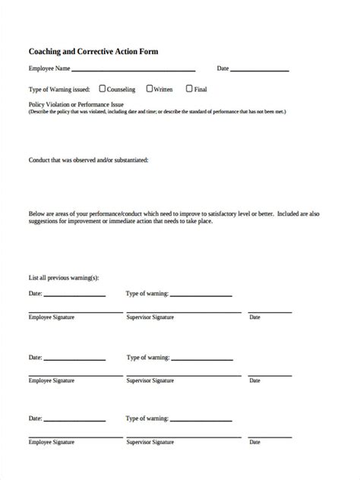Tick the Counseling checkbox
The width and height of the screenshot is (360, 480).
(x=103, y=88)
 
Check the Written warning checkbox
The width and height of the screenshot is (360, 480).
(x=149, y=88)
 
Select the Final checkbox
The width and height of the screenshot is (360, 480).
(x=189, y=88)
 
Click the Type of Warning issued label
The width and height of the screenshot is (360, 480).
(x=59, y=89)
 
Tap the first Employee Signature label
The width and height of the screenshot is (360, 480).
(x=52, y=317)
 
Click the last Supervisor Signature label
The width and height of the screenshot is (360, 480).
(x=150, y=441)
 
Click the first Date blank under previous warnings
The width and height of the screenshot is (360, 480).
(x=74, y=295)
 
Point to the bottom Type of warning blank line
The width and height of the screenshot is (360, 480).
(x=201, y=421)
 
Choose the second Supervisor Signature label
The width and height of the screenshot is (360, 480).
(x=150, y=380)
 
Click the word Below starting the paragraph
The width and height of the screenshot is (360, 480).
(x=36, y=213)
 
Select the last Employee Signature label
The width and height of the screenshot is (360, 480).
(x=52, y=441)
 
